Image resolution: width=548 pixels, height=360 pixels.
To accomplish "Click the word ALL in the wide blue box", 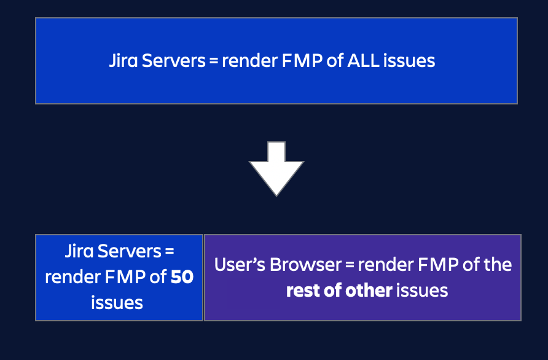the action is click(363, 60).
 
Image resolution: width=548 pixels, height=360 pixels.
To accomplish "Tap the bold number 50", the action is click(182, 277).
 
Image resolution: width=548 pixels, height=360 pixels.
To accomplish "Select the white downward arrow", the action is click(276, 169).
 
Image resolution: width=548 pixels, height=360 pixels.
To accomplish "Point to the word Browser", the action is click(305, 265).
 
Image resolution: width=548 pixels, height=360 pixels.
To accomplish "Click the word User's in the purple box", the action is click(240, 265).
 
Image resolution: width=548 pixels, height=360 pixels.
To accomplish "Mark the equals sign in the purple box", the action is click(350, 265).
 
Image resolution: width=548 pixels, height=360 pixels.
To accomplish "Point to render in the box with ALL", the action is click(249, 61).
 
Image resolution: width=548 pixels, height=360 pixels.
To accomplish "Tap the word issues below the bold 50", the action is click(117, 303).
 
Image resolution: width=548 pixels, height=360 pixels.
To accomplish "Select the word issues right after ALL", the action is click(409, 60).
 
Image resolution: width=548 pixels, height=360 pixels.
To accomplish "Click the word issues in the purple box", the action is click(422, 291).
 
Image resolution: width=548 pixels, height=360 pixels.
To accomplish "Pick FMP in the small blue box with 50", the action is click(125, 277).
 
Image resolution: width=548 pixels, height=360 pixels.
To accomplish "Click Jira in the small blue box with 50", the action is click(79, 251).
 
